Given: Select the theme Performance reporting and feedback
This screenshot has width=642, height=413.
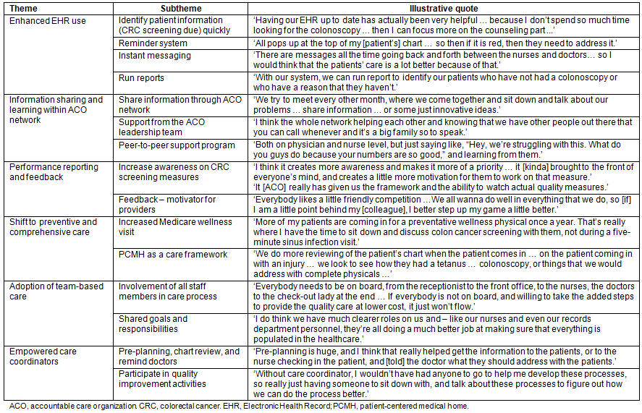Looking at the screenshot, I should [54, 172].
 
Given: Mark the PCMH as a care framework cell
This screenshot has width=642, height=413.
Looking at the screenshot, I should [173, 255].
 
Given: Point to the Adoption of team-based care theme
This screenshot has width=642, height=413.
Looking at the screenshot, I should [56, 291].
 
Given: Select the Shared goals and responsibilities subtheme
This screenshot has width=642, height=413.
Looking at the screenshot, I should [153, 323].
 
